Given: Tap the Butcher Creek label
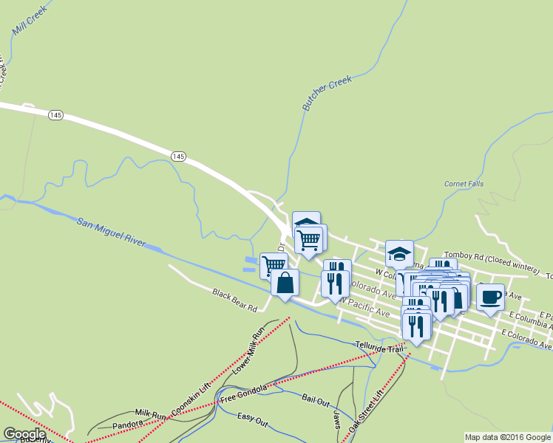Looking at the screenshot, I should [326, 94].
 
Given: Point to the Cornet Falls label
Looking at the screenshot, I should [463, 184].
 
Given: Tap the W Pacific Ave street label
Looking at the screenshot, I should [364, 308].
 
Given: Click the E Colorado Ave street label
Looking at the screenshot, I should [526, 339].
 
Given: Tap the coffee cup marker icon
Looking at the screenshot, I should [490, 297].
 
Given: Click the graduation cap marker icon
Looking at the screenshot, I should [399, 254].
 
